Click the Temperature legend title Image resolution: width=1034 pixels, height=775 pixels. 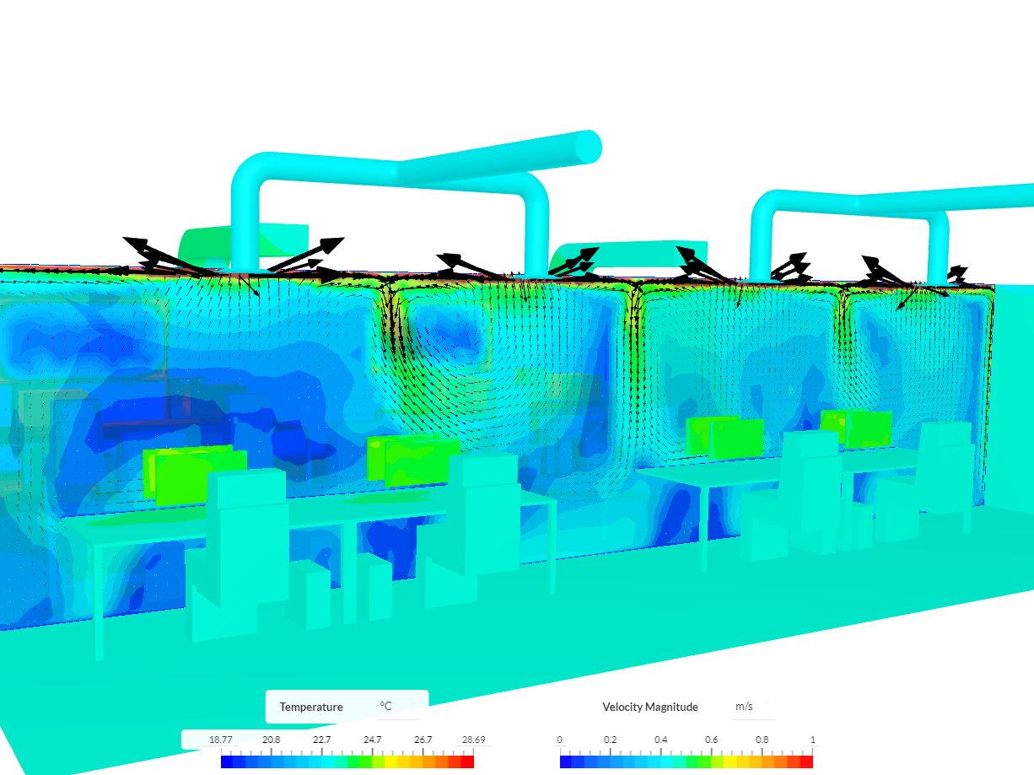(x=311, y=707)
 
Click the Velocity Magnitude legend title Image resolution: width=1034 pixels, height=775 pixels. (x=649, y=707)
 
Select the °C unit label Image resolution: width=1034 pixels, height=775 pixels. (x=385, y=706)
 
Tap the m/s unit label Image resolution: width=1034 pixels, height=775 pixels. (x=744, y=706)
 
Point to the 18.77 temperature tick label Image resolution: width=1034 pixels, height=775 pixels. (x=220, y=740)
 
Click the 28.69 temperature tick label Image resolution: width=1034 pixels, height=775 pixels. (x=473, y=740)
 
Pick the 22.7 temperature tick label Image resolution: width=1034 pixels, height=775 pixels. (x=321, y=740)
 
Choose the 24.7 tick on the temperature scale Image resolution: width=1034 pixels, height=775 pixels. (x=372, y=740)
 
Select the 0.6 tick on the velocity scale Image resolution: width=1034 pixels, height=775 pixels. (x=711, y=740)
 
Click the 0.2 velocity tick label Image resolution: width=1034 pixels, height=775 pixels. (x=610, y=740)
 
